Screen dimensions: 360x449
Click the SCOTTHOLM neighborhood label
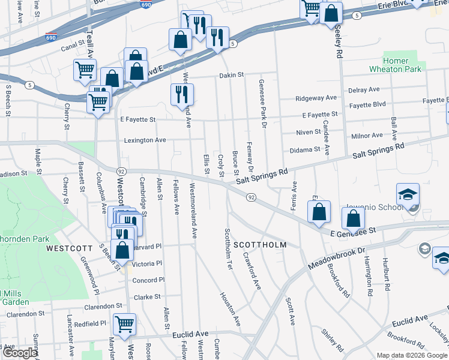coord(260,245)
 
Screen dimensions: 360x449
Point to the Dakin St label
coord(231,75)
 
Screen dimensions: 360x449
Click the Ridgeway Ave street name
coord(316,98)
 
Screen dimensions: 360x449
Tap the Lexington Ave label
coord(145,140)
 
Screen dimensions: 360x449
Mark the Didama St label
coord(305,149)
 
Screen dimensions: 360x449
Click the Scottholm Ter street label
coord(228,248)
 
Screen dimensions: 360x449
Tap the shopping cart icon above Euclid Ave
coord(124,325)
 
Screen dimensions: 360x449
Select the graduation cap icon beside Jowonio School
coord(408,195)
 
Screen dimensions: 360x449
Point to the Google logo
coord(20,353)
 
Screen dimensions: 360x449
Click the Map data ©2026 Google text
coord(412,355)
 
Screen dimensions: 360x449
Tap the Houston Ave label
coord(230,309)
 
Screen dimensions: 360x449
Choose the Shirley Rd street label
coord(332,340)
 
